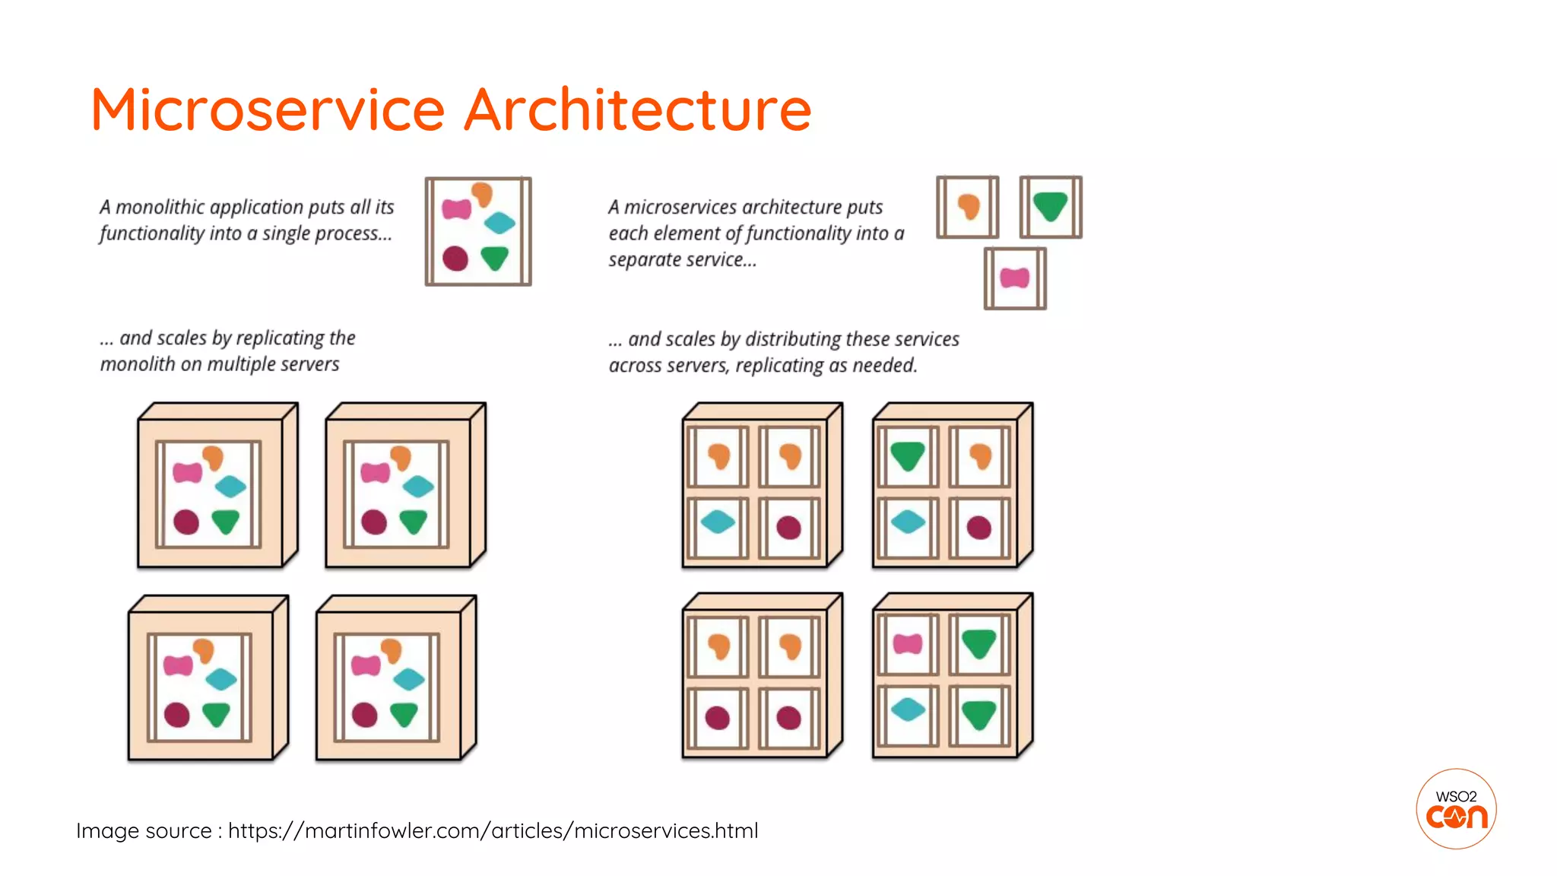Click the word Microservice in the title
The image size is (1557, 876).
pos(268,109)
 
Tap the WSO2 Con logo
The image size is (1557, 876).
pos(1456,808)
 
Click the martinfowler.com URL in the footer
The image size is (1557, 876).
pos(493,830)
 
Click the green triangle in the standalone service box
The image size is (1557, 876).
pos(1051,205)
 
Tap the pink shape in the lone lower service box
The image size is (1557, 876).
pos(1014,278)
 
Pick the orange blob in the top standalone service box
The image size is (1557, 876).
pos(968,205)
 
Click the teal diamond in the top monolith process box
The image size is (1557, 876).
pos(499,223)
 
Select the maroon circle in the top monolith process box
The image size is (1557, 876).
pos(455,259)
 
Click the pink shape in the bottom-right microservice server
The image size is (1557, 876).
pos(908,644)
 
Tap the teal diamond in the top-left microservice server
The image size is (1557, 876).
pos(717,522)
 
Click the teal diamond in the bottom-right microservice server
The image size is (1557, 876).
pos(908,709)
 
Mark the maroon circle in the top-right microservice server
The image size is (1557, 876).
pos(978,527)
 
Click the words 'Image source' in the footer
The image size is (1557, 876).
pos(143,830)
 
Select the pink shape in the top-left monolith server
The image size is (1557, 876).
pos(187,473)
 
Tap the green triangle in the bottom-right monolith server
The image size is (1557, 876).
pos(404,714)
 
